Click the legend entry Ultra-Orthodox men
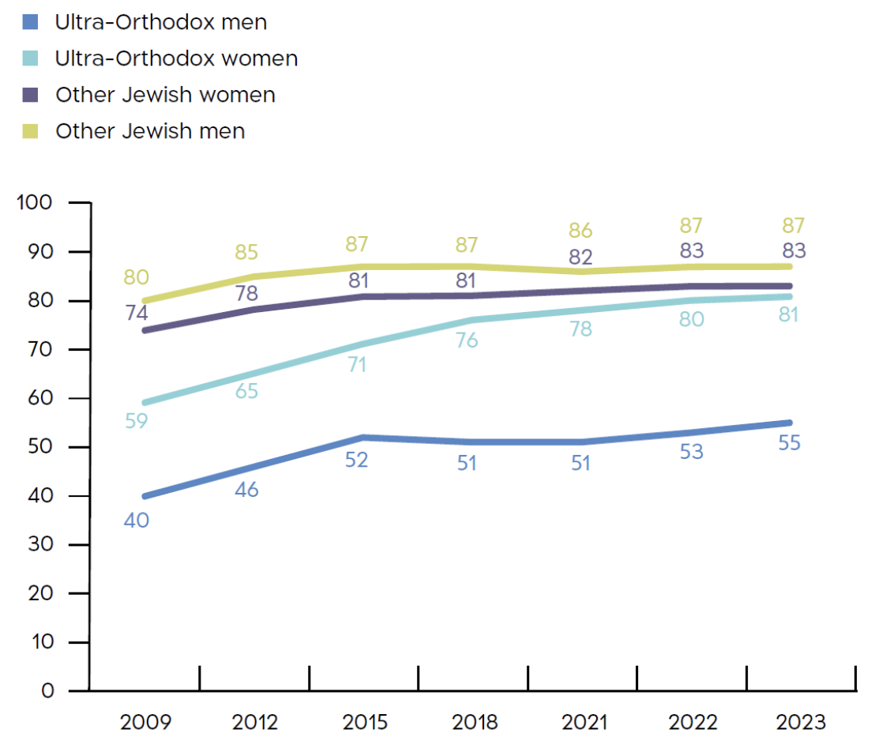[x=160, y=22]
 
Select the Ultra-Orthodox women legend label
[x=176, y=58]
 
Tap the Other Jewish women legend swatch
[x=30, y=95]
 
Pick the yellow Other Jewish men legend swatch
[x=30, y=131]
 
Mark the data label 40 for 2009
[x=137, y=521]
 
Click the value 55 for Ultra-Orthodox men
[x=788, y=443]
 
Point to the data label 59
[x=137, y=421]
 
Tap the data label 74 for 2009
[x=137, y=313]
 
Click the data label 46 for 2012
[x=247, y=490]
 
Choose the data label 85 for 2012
[x=247, y=254]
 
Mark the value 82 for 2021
[x=582, y=258]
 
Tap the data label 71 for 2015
[x=356, y=367]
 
